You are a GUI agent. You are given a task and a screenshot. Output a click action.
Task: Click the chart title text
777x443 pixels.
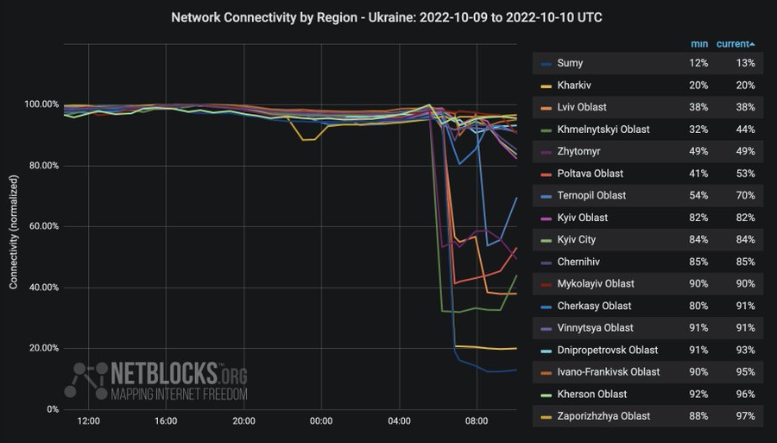[388, 16]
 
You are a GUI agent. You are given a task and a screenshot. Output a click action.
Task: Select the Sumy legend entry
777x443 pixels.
[570, 63]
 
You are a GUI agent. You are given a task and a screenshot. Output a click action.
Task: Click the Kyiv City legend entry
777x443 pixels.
[576, 240]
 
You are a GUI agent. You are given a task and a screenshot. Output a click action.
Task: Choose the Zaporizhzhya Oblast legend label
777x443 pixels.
[604, 416]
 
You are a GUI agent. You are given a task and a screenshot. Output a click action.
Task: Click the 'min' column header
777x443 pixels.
[699, 44]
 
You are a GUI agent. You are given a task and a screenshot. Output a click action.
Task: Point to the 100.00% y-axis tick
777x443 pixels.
[42, 104]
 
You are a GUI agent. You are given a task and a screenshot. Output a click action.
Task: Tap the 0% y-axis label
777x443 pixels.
[51, 409]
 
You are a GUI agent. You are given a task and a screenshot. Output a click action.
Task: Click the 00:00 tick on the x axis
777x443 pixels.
[321, 421]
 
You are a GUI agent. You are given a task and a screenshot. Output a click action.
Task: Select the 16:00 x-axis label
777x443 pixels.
[166, 421]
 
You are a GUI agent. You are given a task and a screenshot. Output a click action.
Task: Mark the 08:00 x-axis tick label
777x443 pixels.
[477, 421]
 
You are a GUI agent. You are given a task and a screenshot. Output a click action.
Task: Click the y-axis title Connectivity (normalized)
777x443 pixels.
[14, 226]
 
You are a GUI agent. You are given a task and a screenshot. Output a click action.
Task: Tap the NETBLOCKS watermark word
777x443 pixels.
[164, 374]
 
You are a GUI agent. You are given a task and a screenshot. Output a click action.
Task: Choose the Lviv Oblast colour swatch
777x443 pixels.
[546, 108]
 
